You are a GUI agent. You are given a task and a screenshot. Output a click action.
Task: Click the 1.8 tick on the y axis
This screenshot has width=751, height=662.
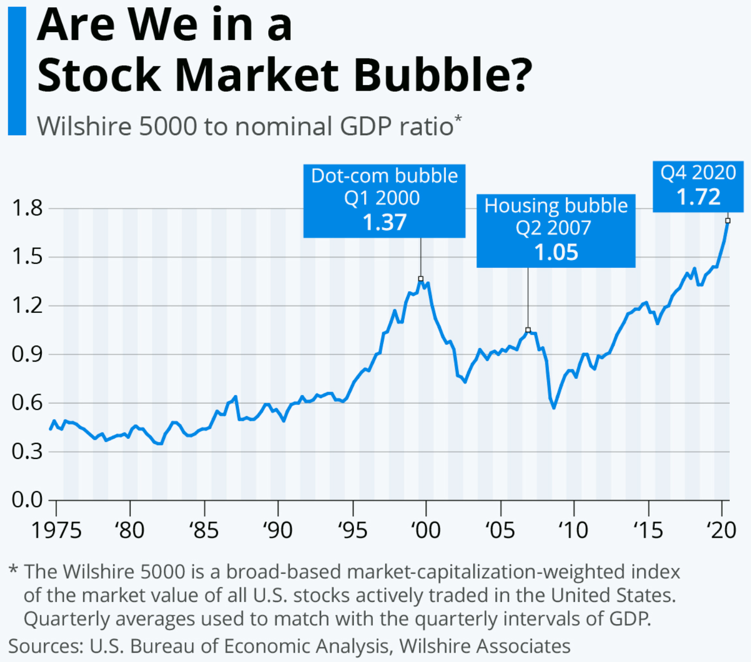pyautogui.click(x=27, y=208)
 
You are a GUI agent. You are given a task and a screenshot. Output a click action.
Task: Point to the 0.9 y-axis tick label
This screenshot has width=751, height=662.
pyautogui.click(x=27, y=354)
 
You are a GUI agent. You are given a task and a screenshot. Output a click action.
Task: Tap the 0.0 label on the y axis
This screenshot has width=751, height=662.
pyautogui.click(x=27, y=500)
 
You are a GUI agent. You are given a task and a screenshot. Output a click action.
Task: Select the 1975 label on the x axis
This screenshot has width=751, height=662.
pyautogui.click(x=56, y=530)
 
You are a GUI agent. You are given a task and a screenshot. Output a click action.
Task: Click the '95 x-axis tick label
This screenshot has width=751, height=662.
pyautogui.click(x=353, y=530)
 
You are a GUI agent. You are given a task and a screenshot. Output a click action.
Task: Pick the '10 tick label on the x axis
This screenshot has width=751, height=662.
pyautogui.click(x=573, y=530)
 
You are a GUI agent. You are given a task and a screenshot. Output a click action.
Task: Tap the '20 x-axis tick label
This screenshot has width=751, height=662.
pyautogui.click(x=721, y=530)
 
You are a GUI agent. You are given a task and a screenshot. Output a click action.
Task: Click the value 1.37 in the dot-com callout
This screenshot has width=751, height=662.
pyautogui.click(x=384, y=222)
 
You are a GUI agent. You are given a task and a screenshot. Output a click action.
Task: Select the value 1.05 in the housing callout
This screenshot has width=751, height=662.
pyautogui.click(x=556, y=252)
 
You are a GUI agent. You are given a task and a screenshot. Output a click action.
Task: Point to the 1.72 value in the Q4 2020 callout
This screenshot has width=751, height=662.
pyautogui.click(x=698, y=197)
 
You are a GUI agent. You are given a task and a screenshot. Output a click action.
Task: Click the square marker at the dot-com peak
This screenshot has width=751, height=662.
pyautogui.click(x=421, y=279)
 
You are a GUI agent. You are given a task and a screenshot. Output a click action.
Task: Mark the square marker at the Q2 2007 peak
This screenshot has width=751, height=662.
pyautogui.click(x=528, y=330)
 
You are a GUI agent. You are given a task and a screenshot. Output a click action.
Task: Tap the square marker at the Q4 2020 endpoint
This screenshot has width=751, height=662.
pyautogui.click(x=728, y=221)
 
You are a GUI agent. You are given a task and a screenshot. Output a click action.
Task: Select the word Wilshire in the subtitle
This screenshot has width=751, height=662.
pyautogui.click(x=83, y=126)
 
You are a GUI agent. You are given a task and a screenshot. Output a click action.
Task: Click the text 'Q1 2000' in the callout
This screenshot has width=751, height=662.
pyautogui.click(x=382, y=198)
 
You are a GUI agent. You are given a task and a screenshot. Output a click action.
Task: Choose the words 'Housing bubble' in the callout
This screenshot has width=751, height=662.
pyautogui.click(x=556, y=206)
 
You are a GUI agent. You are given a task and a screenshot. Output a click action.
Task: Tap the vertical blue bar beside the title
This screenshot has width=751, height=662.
pyautogui.click(x=17, y=71)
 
